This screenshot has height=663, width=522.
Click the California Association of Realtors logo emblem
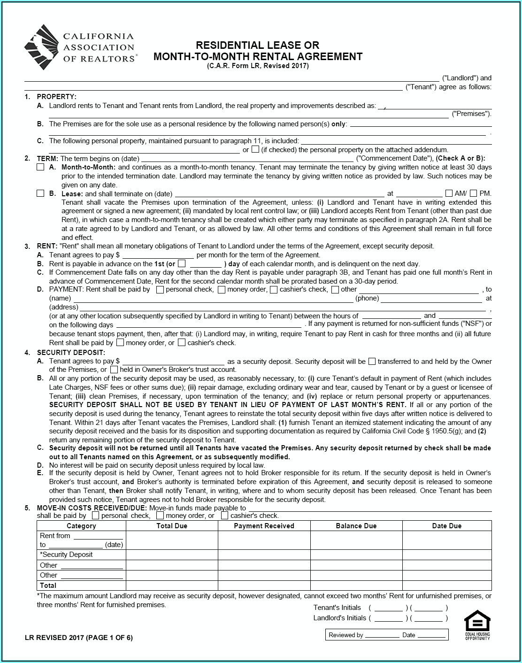coord(42,47)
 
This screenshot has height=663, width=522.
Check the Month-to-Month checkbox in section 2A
coord(40,167)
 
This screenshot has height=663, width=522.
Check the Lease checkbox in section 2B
coord(40,193)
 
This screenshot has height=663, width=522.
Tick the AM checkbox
coord(449,193)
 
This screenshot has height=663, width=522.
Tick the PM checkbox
coord(473,193)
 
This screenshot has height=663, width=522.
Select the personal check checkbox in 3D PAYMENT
coord(160,290)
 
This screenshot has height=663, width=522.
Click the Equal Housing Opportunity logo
coord(477,625)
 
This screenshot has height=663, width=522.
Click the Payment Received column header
coord(264,526)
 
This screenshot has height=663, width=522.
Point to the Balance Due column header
coord(356,526)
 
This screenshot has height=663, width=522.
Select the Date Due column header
coord(446,526)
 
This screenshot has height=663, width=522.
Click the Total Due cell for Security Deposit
coord(172,555)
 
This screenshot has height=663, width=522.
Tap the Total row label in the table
coord(48,586)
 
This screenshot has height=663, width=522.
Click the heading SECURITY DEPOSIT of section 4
coord(71,353)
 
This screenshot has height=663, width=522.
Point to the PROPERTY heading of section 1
coord(56,97)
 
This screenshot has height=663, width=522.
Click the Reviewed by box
coord(386,635)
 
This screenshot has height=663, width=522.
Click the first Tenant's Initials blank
coord(388,608)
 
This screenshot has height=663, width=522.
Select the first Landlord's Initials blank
coord(388,618)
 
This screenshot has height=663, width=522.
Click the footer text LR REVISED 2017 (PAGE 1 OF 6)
coord(79,638)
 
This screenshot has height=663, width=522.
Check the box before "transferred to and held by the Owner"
coord(372,362)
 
